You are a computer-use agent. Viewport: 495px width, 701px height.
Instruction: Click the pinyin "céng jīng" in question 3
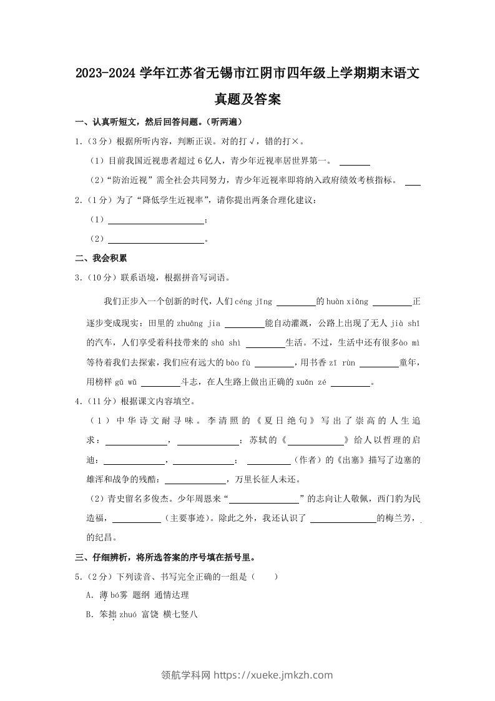(x=253, y=302)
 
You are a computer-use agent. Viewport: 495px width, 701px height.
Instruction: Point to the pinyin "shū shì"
(x=225, y=342)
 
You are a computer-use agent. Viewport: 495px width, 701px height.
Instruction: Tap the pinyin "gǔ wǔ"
(x=120, y=382)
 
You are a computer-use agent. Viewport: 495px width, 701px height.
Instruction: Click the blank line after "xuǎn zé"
(x=350, y=384)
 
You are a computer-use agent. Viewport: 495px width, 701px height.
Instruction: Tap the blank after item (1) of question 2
(x=156, y=221)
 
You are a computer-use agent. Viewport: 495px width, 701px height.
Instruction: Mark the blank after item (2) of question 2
(x=156, y=239)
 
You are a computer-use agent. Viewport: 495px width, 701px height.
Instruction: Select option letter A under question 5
(x=88, y=595)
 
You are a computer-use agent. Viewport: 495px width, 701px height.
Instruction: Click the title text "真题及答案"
(x=247, y=98)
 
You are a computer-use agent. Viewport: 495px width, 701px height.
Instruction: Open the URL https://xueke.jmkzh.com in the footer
(x=273, y=675)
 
